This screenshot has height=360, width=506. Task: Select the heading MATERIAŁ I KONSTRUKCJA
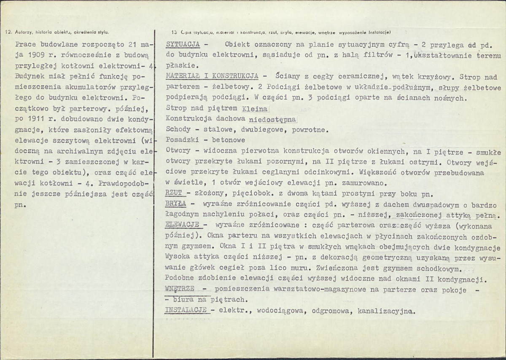click(x=212, y=77)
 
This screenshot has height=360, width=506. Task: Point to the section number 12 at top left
click(x=7, y=32)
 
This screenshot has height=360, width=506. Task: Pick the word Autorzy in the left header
click(x=21, y=32)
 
